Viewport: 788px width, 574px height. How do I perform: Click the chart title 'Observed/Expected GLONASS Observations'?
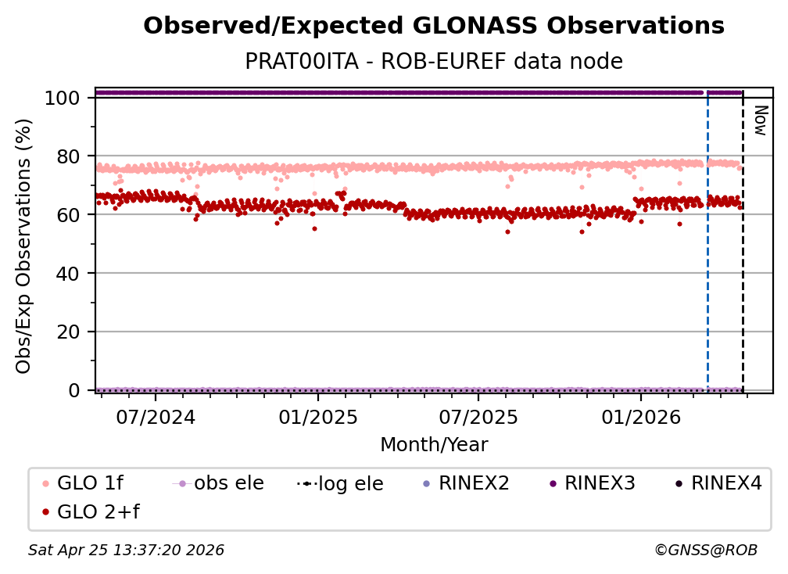pos(434,27)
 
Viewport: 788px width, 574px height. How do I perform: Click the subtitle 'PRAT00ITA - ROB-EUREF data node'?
pos(434,62)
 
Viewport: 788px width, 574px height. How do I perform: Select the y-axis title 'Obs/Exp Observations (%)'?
pos(24,246)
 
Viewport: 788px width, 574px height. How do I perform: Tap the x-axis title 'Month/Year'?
pos(434,445)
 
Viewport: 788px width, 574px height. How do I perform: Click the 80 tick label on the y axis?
pos(69,156)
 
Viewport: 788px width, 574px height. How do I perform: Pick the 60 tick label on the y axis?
pos(69,214)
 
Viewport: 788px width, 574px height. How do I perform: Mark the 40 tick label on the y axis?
pos(69,273)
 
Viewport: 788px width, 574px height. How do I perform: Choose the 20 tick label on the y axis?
pos(69,332)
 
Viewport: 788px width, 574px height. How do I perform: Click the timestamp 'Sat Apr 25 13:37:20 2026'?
pos(127,551)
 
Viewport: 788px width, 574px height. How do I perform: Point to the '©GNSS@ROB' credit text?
pos(705,551)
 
